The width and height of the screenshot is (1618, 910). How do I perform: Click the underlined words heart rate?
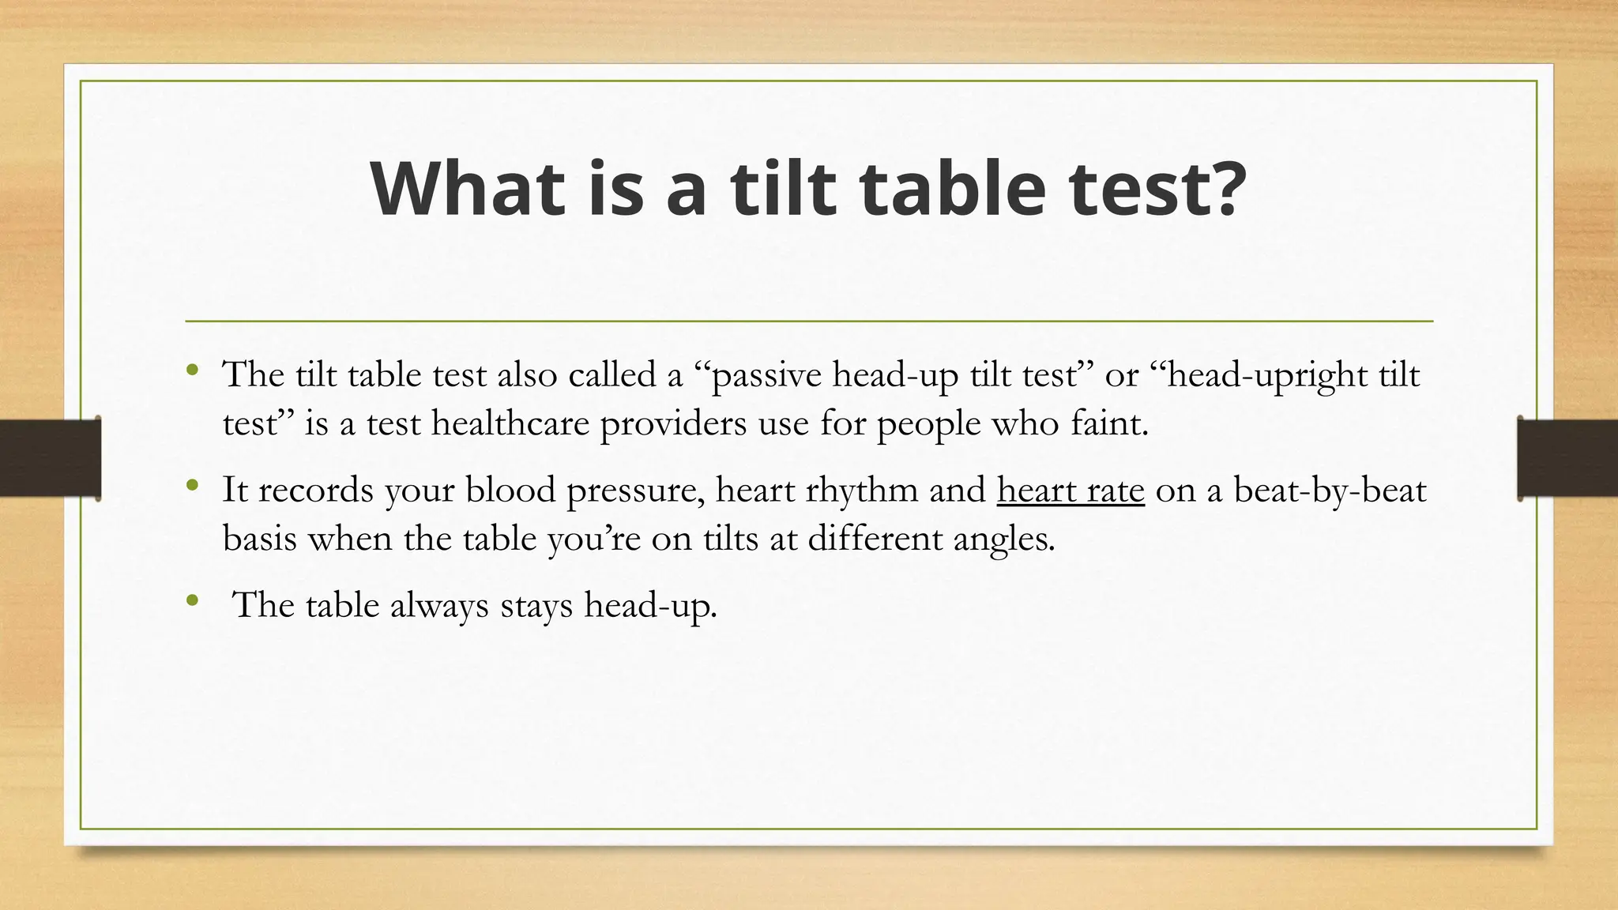click(1071, 491)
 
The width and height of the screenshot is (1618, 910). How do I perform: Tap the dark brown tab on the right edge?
click(1567, 458)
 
